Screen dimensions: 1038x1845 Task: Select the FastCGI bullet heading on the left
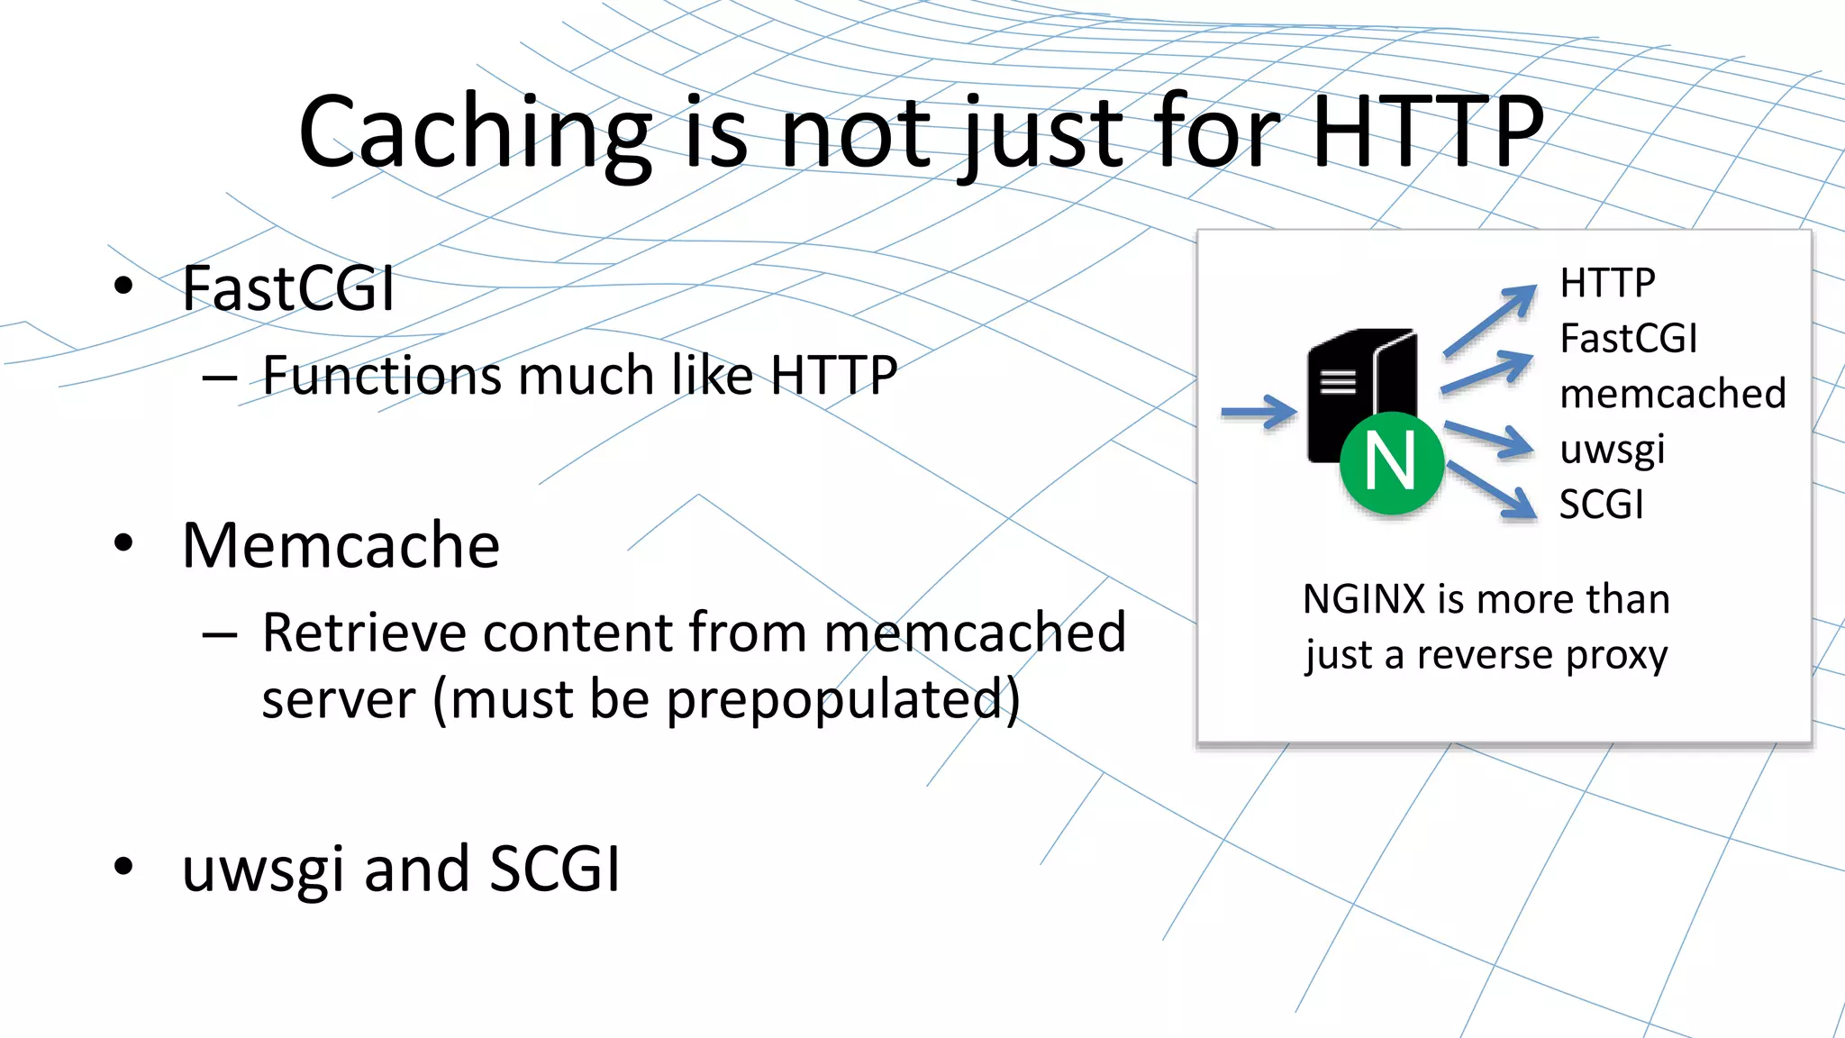[288, 288]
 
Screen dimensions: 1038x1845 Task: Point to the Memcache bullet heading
[341, 545]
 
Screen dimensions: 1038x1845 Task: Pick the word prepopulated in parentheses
[833, 699]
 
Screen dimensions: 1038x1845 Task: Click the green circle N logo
[1391, 462]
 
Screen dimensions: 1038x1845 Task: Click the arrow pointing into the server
[1259, 413]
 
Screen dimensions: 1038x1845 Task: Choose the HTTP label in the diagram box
[1607, 283]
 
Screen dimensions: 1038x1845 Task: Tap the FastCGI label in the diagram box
[1628, 339]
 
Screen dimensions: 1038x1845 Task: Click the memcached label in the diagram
[1672, 394]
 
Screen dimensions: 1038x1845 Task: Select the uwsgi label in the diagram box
[1612, 450]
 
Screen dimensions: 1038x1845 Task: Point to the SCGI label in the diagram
[1601, 505]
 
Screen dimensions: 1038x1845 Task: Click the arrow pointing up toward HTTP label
[1490, 319]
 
